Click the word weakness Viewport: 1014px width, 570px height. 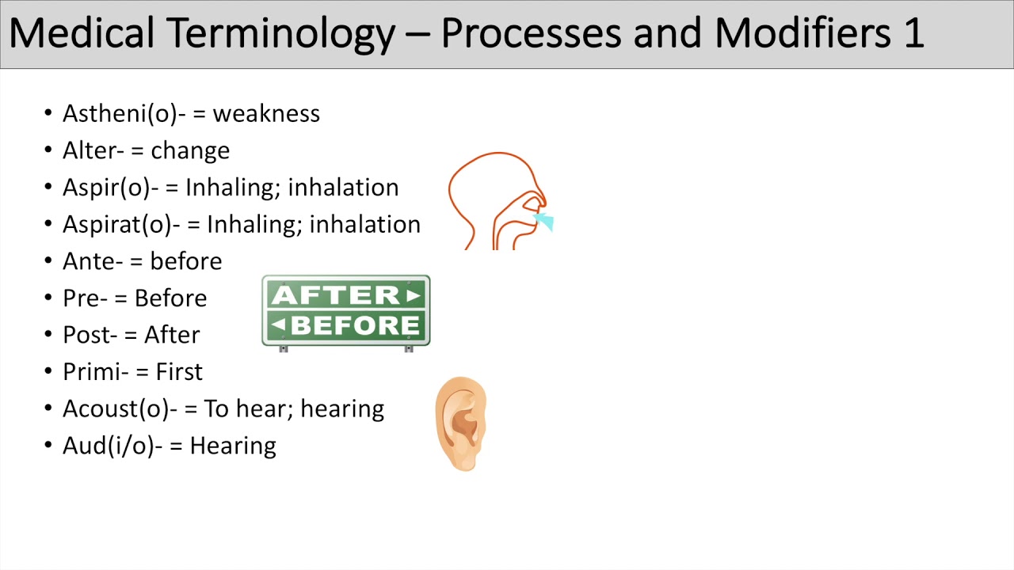266,114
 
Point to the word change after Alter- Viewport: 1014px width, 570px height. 190,151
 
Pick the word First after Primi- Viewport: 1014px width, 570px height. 179,372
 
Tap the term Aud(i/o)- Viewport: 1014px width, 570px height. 112,446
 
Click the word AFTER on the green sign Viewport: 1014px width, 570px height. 336,295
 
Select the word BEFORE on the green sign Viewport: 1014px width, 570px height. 355,325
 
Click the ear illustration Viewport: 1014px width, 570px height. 461,424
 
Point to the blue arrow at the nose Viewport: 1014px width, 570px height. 544,221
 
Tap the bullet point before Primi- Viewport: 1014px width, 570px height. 48,372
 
